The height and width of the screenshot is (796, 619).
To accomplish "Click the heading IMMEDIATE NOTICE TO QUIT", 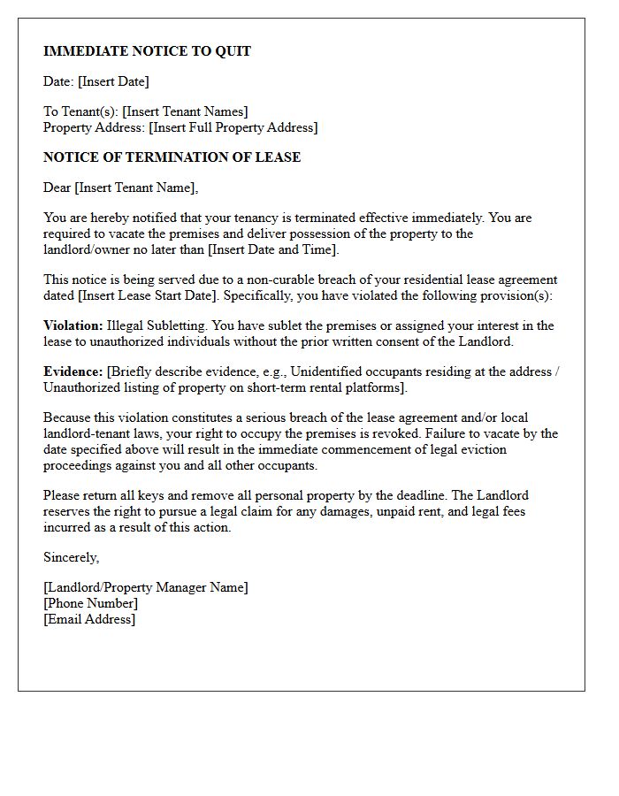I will click(147, 51).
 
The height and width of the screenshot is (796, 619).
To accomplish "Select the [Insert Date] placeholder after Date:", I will click(113, 81).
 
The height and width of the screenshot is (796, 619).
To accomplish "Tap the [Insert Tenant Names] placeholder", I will click(185, 111).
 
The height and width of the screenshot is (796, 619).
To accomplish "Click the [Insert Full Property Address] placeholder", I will click(233, 127).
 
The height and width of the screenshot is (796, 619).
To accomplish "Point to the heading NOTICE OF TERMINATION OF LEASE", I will click(172, 157).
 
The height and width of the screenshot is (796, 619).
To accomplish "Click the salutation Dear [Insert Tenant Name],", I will click(121, 188).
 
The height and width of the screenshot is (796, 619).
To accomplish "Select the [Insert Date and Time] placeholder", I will click(273, 249).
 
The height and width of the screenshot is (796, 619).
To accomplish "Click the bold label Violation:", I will click(73, 325).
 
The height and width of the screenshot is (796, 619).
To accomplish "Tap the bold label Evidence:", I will click(73, 371).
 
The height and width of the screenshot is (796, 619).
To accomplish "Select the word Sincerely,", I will click(72, 557).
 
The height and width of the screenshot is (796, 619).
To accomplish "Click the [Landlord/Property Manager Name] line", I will click(146, 587).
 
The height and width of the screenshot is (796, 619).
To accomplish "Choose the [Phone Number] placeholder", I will click(90, 603).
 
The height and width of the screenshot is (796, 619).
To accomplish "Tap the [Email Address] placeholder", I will click(89, 619).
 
